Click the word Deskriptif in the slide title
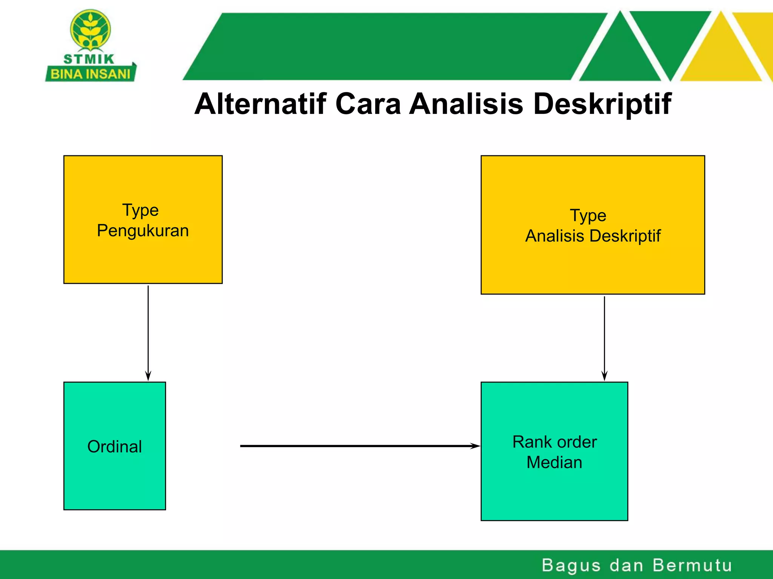point(602,104)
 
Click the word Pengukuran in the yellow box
point(143,231)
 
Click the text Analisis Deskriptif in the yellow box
point(593,236)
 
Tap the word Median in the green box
point(554,462)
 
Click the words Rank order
point(554,442)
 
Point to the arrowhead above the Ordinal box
point(148,376)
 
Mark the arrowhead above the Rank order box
point(604,376)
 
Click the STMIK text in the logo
point(89,59)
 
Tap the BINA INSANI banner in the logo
point(90,74)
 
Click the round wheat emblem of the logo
point(90,30)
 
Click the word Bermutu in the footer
point(692,565)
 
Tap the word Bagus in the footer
point(571,565)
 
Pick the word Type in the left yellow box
point(140,210)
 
